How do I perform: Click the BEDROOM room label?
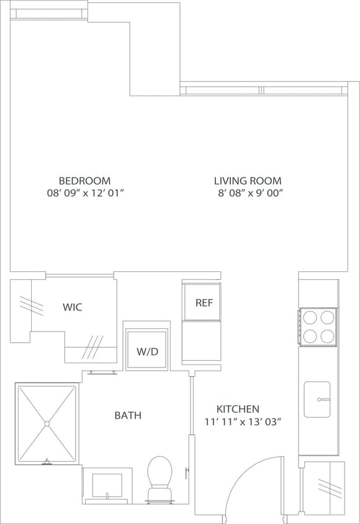coord(84,181)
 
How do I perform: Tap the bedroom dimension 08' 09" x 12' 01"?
coord(86,193)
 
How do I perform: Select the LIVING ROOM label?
coord(248,181)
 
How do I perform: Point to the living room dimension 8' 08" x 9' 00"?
coord(250,193)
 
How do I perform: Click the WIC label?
coord(72,307)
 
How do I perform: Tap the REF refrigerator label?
coord(204,303)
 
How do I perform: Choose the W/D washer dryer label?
coord(147,351)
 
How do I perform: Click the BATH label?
coord(127,415)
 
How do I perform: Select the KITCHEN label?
coord(238,409)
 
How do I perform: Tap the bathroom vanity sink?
coord(107,485)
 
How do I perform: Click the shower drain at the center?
coord(47,424)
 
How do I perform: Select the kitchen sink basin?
coord(317,399)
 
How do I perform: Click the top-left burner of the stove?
coord(310,318)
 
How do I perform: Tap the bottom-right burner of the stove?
coord(326,336)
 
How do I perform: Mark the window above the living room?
coord(263,90)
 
